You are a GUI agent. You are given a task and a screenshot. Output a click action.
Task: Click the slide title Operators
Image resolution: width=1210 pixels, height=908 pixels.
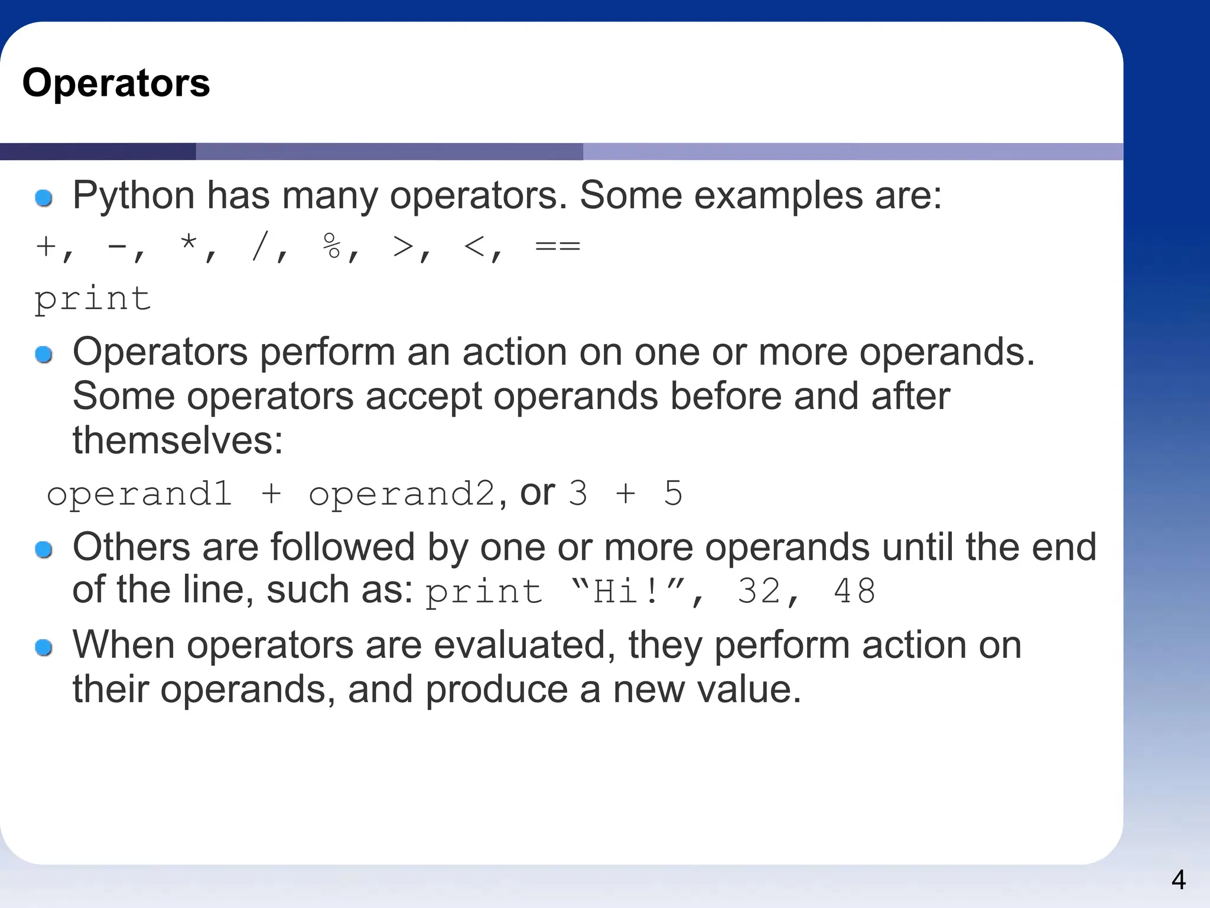tap(116, 83)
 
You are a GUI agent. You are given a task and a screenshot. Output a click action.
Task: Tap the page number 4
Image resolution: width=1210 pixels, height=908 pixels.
tap(1178, 880)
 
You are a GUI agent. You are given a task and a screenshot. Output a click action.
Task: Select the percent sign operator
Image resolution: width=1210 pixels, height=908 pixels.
tap(332, 246)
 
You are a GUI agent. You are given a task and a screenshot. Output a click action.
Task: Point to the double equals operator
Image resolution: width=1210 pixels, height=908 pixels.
tap(557, 246)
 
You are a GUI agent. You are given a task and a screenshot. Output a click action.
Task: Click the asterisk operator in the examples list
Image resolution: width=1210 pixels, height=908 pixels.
tap(189, 244)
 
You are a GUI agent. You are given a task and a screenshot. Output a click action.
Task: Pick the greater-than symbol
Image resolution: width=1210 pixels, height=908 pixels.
tap(404, 246)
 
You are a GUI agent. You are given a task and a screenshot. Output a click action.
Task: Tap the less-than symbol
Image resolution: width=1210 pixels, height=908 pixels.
tap(475, 246)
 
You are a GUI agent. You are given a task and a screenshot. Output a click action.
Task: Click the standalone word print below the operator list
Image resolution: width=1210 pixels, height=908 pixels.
tap(93, 299)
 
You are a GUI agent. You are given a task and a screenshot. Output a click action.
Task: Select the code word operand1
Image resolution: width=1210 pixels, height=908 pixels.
tap(139, 494)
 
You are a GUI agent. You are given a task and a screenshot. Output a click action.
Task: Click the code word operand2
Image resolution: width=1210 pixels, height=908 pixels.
tap(402, 494)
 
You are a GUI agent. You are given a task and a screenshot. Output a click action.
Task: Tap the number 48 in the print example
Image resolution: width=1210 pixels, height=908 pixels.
tap(854, 591)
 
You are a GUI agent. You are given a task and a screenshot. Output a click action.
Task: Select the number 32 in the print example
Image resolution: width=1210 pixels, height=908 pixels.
tap(759, 591)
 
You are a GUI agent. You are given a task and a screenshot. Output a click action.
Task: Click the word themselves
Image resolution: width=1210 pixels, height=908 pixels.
tap(178, 440)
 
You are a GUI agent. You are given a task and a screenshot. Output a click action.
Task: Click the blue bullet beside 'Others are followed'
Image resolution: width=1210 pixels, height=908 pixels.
tap(44, 550)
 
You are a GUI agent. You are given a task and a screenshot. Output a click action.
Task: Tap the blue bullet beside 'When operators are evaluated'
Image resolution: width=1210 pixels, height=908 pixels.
tap(44, 647)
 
